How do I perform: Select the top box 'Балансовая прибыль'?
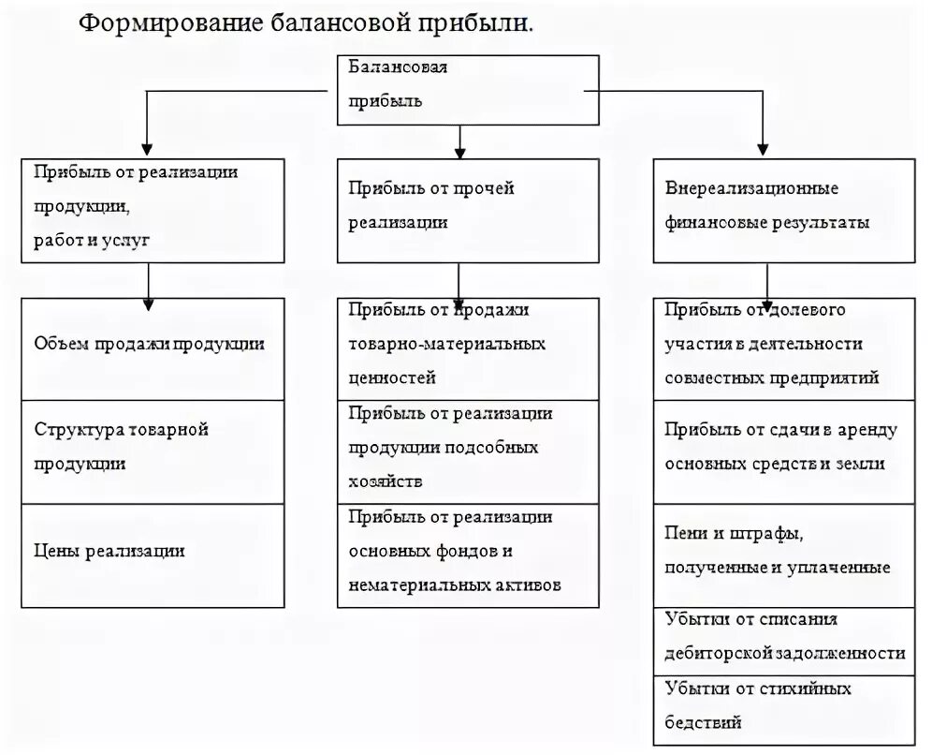[467, 90]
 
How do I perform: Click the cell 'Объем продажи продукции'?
[153, 348]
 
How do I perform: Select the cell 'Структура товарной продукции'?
[153, 452]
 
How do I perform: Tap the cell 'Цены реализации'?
[153, 555]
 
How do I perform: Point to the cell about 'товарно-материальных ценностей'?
[467, 348]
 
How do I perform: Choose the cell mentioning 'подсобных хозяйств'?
[467, 452]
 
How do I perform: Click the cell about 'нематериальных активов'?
[467, 555]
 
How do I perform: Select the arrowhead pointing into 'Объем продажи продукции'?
[148, 302]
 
